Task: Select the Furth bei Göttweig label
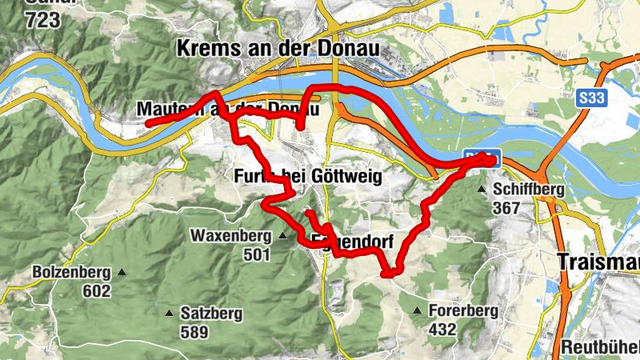tap(302, 176)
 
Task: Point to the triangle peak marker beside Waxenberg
tap(282, 236)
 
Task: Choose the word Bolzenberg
tap(72, 272)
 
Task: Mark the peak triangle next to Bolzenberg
tap(122, 272)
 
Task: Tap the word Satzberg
tap(211, 314)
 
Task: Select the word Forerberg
tap(463, 310)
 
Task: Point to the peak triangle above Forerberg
tap(417, 310)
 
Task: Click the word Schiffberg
tap(529, 190)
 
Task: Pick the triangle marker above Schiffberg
tap(482, 190)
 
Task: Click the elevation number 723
tap(42, 21)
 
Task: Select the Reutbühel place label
tap(600, 348)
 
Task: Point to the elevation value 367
tap(507, 208)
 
